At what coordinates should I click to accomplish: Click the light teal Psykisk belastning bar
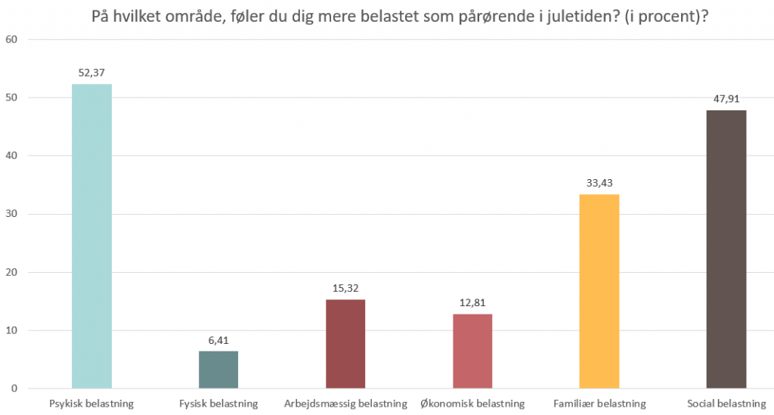pyautogui.click(x=91, y=236)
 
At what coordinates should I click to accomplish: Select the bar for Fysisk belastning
pyautogui.click(x=218, y=370)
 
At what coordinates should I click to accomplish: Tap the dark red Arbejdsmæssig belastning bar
pyautogui.click(x=345, y=344)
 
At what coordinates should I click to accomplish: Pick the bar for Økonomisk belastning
pyautogui.click(x=472, y=351)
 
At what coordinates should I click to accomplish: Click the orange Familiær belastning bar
pyautogui.click(x=599, y=291)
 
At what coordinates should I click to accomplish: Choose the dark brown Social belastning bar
pyautogui.click(x=726, y=249)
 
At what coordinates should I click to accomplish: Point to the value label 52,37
pyautogui.click(x=91, y=73)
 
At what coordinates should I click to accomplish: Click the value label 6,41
pyautogui.click(x=218, y=340)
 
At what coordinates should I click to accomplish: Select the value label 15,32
pyautogui.click(x=345, y=288)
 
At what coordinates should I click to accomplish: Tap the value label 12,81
pyautogui.click(x=472, y=302)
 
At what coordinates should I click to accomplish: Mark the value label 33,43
pyautogui.click(x=599, y=183)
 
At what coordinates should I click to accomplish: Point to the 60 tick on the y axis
pyautogui.click(x=11, y=39)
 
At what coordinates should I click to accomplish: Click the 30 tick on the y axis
pyautogui.click(x=11, y=214)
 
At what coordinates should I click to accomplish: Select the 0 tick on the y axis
pyautogui.click(x=14, y=389)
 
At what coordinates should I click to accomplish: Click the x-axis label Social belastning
pyautogui.click(x=726, y=404)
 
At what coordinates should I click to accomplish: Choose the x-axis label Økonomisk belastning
pyautogui.click(x=472, y=404)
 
